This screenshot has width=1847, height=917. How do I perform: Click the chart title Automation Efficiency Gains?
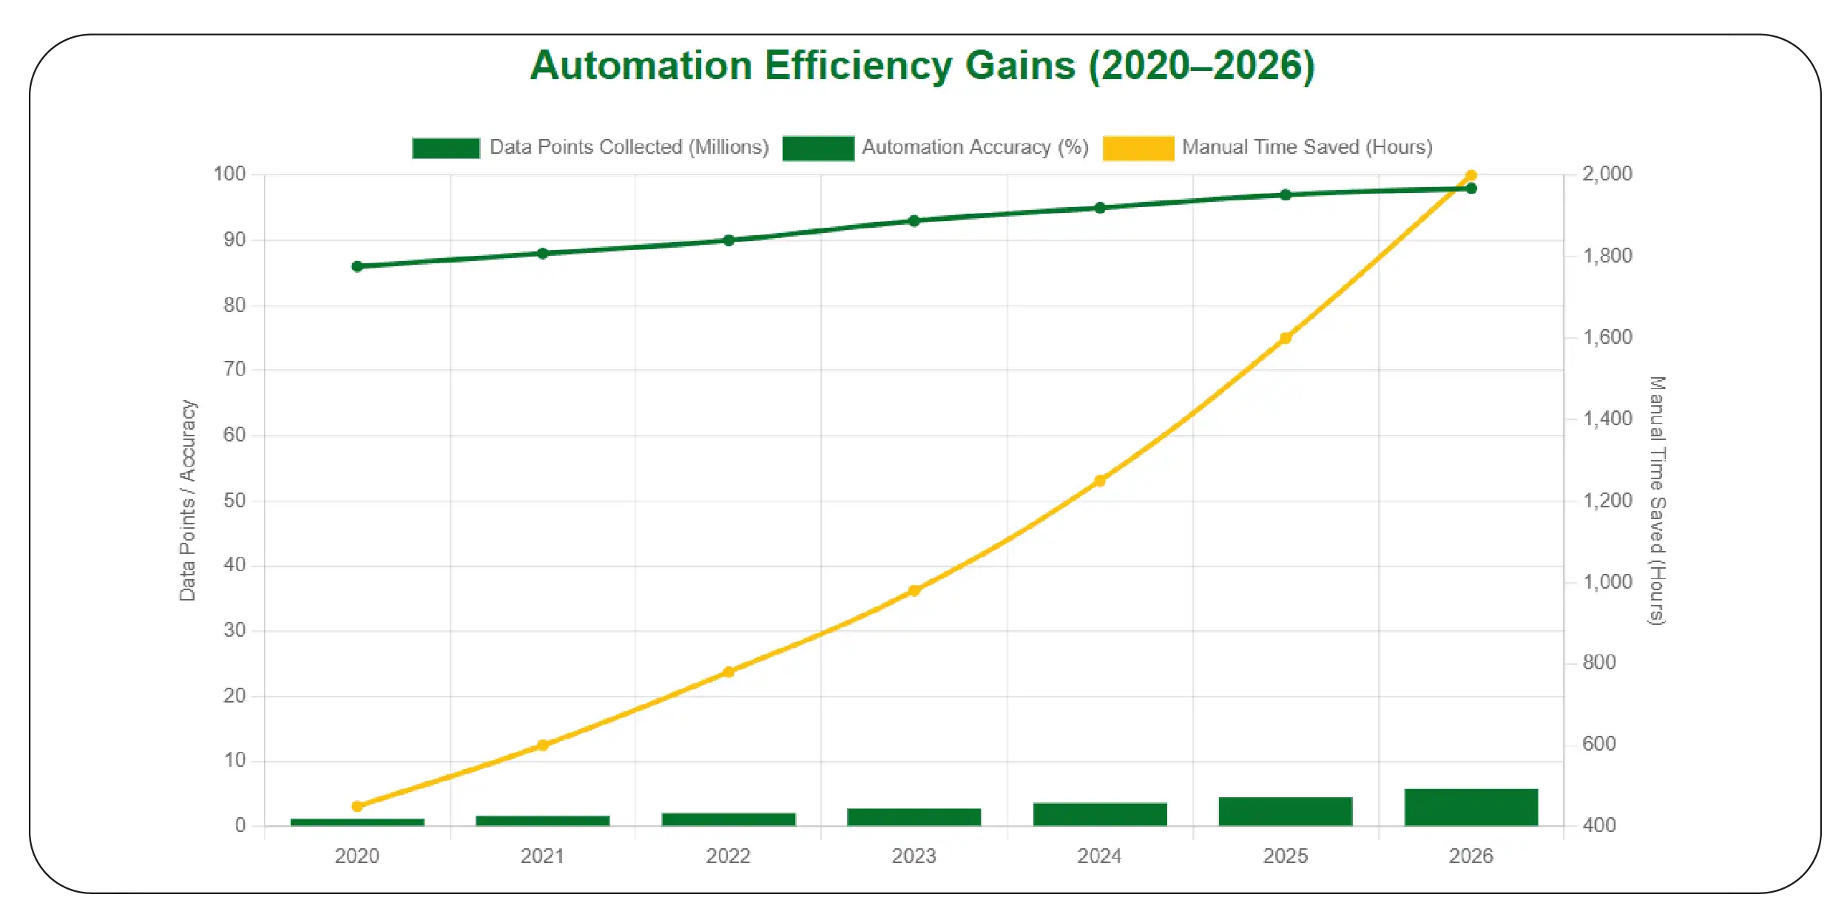click(x=922, y=65)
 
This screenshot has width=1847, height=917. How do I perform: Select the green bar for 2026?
click(x=1470, y=807)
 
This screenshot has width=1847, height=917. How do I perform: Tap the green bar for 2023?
click(x=914, y=816)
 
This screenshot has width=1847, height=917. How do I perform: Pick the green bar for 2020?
click(x=357, y=822)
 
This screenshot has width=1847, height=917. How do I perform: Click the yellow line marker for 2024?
click(x=1099, y=481)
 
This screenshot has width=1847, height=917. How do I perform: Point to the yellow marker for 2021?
click(x=542, y=745)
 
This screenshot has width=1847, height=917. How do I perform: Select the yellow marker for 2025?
click(x=1286, y=338)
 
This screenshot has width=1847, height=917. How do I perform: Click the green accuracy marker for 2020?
click(x=357, y=266)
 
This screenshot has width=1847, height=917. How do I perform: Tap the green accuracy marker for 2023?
click(x=914, y=220)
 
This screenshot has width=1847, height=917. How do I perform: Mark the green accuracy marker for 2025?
click(x=1286, y=194)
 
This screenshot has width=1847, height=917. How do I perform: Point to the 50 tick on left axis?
click(x=234, y=501)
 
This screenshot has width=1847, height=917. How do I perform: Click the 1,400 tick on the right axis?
click(x=1607, y=419)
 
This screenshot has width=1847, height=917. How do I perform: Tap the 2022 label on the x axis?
click(x=728, y=856)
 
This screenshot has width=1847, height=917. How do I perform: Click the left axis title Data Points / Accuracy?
click(x=188, y=501)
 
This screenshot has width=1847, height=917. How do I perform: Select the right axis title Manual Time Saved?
click(x=1657, y=501)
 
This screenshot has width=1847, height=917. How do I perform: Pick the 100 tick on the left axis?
click(x=229, y=175)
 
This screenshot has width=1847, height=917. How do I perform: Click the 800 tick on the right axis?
click(x=1598, y=663)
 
